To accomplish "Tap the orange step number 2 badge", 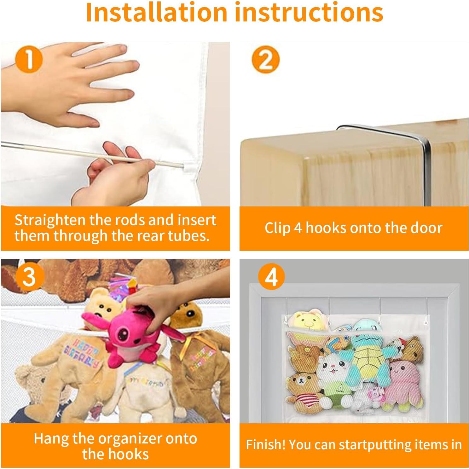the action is tap(265, 60).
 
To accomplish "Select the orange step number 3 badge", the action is tap(29, 276).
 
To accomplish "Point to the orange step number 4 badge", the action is tap(271, 277).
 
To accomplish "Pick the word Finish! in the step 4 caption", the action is tap(266, 444).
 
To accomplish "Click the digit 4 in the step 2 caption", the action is tap(298, 228).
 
